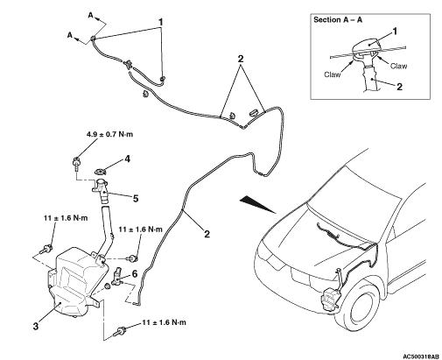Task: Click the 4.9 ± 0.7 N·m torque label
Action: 109,134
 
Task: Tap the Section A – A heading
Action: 338,20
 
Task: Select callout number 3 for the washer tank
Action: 36,326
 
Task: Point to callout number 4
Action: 127,159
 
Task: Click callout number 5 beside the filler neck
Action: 136,199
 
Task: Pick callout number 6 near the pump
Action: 134,274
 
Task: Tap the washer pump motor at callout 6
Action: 119,276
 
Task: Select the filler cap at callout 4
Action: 100,172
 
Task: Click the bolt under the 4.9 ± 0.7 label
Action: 76,164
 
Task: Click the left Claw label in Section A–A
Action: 332,74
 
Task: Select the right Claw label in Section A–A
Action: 398,67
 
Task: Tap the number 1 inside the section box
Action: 395,31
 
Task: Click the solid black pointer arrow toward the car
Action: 258,204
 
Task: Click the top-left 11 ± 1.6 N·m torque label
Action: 66,218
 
